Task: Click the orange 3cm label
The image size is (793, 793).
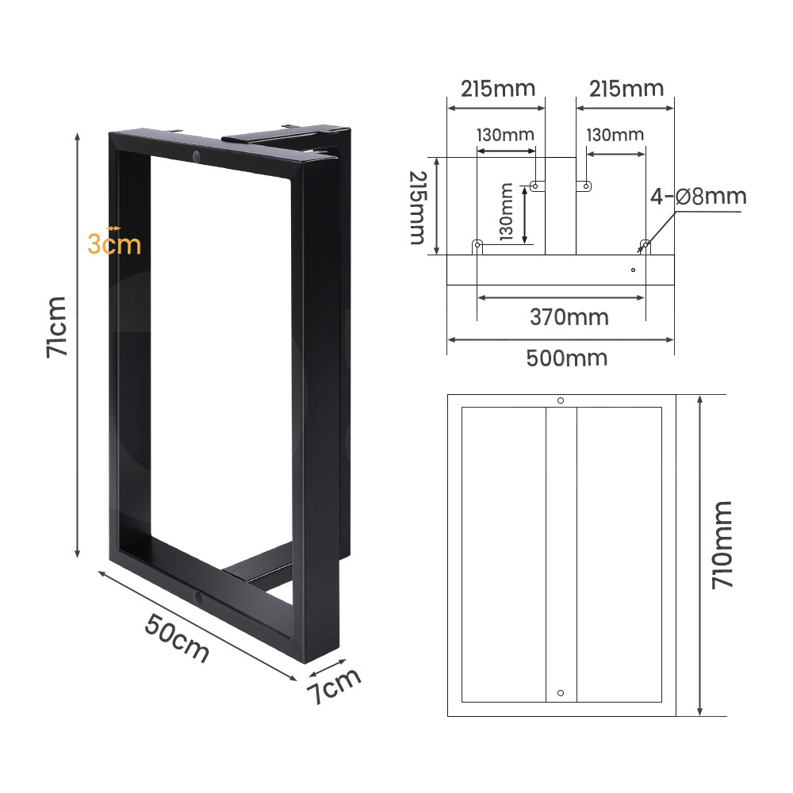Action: point(114,244)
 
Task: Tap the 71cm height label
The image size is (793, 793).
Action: point(56,328)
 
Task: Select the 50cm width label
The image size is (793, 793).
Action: point(177,638)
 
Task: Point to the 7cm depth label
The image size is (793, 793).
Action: point(334,685)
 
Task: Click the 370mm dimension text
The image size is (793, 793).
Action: point(569,318)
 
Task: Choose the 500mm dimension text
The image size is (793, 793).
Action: point(567,358)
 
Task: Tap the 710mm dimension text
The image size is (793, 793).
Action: point(722,545)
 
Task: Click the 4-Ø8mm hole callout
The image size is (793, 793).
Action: point(699,196)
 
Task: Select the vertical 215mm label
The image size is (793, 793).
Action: point(418,208)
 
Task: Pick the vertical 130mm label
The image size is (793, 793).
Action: point(506,212)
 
